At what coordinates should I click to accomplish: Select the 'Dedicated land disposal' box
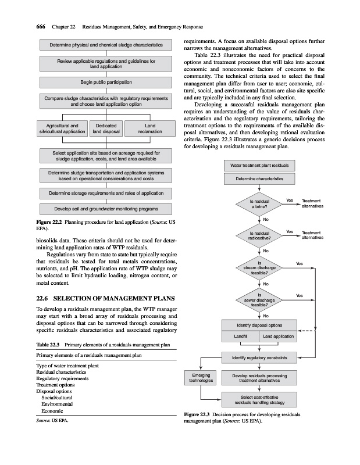[106, 128]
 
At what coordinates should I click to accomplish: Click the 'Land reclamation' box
[150, 128]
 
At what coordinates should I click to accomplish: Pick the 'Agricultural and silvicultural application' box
[62, 128]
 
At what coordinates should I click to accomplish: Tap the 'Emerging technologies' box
[201, 378]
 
